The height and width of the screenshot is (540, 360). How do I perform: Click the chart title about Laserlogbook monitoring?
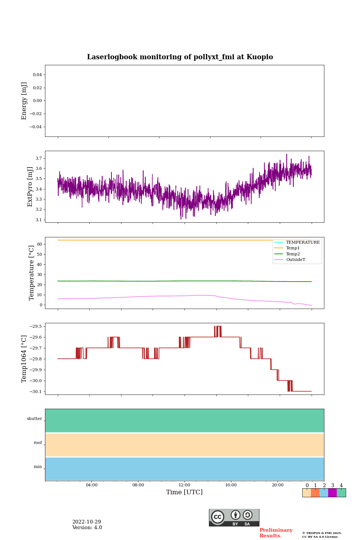pos(180,57)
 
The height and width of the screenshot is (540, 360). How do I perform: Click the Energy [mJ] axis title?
pos(24,101)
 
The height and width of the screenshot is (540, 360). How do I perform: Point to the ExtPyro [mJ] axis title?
pos(30,187)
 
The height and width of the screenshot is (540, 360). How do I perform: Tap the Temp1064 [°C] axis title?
pos(24,359)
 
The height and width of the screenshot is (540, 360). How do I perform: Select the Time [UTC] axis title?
pos(184,492)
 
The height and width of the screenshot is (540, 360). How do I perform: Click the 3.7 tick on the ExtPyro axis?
pos(39,159)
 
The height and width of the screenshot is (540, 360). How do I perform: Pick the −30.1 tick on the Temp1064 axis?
pos(36,391)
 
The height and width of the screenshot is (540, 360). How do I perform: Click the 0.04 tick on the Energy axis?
pos(37,75)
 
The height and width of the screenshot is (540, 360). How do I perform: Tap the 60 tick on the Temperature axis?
pos(39,244)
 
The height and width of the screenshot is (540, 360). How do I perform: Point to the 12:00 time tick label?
pos(184,485)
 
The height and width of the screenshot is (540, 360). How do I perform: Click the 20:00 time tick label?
pos(277,485)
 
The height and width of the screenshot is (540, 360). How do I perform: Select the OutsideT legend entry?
pos(295,260)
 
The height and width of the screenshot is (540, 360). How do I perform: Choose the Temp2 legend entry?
pos(293,254)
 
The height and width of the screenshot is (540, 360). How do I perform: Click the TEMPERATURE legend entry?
pos(303,243)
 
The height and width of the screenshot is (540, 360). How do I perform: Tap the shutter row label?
pos(34,419)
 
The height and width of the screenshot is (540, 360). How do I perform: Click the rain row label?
pos(38,467)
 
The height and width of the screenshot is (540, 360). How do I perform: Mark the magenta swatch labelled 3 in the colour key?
pos(332,493)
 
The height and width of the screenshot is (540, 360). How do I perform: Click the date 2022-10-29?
pos(87,522)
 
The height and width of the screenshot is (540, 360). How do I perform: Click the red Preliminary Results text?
pos(276,533)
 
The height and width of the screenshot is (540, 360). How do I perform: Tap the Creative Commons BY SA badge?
pos(234,517)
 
